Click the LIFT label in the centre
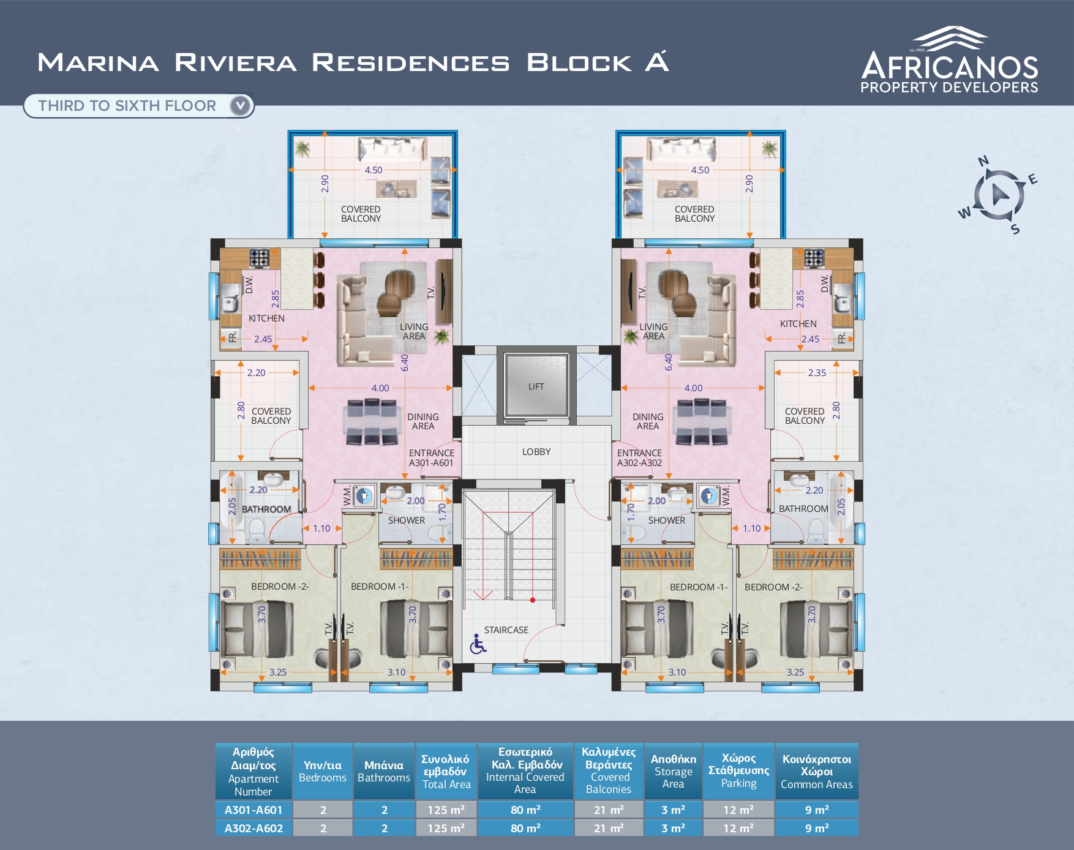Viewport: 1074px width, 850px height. [x=536, y=386]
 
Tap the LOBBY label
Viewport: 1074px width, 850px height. [x=536, y=452]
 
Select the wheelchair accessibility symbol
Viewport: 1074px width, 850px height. [x=478, y=644]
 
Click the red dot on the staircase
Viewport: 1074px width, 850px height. [x=533, y=600]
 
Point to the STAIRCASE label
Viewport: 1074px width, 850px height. [x=506, y=630]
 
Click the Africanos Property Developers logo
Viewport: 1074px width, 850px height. [x=949, y=60]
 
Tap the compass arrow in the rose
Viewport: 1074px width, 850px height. [x=999, y=194]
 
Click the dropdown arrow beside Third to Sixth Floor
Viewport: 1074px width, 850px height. [x=241, y=105]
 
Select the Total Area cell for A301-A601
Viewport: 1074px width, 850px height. [x=446, y=810]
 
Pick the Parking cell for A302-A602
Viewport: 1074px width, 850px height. [x=738, y=828]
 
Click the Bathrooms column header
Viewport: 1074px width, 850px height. [x=384, y=771]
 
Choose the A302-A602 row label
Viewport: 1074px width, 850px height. [x=253, y=828]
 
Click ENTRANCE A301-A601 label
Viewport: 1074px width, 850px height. [x=432, y=458]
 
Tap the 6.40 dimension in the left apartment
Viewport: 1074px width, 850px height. [x=404, y=363]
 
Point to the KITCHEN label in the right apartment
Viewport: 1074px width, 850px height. [x=798, y=324]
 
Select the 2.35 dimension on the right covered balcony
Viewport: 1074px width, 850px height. [x=817, y=372]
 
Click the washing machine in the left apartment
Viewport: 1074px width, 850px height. [x=364, y=495]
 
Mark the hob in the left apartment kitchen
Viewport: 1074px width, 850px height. [x=259, y=258]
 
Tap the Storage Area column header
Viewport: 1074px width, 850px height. [x=673, y=771]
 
